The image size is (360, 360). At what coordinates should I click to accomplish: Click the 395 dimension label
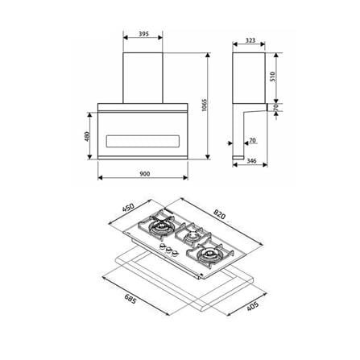pyautogui.click(x=143, y=34)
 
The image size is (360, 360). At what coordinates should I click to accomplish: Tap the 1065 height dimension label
pyautogui.click(x=205, y=106)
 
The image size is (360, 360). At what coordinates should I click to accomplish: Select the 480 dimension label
pyautogui.click(x=88, y=136)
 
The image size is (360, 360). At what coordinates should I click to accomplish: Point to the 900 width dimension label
pyautogui.click(x=145, y=174)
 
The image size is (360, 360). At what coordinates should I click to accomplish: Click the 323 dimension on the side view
pyautogui.click(x=250, y=40)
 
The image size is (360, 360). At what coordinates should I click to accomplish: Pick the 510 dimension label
pyautogui.click(x=272, y=77)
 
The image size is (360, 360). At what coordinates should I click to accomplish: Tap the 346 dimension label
pyautogui.click(x=251, y=161)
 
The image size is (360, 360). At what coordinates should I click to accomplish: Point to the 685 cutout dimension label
pyautogui.click(x=130, y=299)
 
